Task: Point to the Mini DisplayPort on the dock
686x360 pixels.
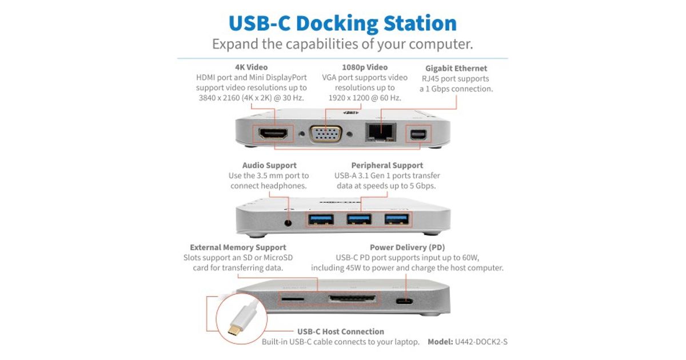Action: [415, 135]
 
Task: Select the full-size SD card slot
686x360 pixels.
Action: [352, 299]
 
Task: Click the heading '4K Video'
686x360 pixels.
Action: [251, 67]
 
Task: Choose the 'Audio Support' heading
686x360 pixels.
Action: [268, 165]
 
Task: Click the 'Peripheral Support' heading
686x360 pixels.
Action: [387, 165]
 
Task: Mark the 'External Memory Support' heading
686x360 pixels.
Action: [238, 247]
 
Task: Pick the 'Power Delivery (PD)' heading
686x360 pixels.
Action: [407, 247]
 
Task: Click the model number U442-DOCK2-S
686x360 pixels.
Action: [481, 342]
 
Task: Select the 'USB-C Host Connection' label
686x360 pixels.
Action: [340, 331]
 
